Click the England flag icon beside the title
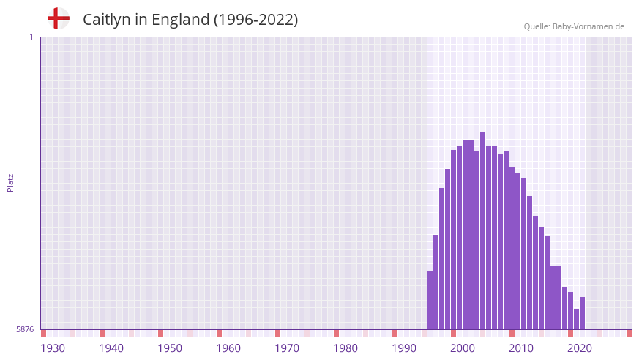click(x=59, y=18)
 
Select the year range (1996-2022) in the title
click(x=255, y=20)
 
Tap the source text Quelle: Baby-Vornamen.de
click(x=574, y=26)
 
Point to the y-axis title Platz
click(x=10, y=182)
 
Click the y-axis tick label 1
click(x=31, y=37)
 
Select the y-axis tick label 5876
click(x=25, y=330)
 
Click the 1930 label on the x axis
click(x=53, y=348)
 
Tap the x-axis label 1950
click(x=170, y=348)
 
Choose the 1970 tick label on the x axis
click(x=287, y=348)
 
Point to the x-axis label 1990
click(x=404, y=348)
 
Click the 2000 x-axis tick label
click(x=463, y=348)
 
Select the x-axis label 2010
click(x=521, y=348)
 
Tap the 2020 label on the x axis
click(x=580, y=348)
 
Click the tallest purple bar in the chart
click(x=483, y=230)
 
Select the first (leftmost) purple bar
click(x=430, y=300)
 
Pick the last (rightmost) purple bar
click(x=583, y=313)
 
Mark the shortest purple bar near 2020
click(x=577, y=319)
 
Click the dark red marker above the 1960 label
click(x=219, y=333)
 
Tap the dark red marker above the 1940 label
click(x=102, y=333)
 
